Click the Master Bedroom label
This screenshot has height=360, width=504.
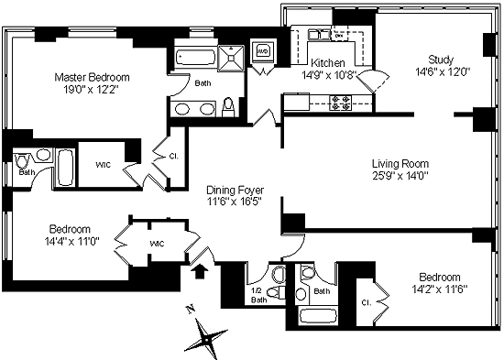point(92,77)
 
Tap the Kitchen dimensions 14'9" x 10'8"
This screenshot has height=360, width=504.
point(329,75)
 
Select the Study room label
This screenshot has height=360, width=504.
point(441,60)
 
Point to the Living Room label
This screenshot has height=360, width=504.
point(400,164)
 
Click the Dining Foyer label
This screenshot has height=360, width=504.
point(235,191)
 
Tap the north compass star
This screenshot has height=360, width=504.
point(205,338)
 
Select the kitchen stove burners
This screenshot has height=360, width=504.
point(341,103)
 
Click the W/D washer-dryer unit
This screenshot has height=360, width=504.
point(263,51)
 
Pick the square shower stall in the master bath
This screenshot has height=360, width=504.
point(231,58)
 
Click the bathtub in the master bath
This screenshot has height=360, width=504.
point(196,58)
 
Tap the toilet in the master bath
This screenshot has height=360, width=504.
point(228,107)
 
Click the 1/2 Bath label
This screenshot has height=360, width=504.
point(258,295)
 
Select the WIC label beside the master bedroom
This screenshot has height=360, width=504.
point(104,165)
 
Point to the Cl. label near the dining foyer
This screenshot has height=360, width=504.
point(173,157)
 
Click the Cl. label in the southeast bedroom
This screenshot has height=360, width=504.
point(367,302)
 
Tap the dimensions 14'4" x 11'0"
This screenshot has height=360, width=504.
point(71,241)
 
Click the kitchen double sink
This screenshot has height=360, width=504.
point(319,35)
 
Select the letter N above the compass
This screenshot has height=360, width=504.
point(191,310)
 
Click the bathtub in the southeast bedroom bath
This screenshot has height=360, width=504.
point(318,317)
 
